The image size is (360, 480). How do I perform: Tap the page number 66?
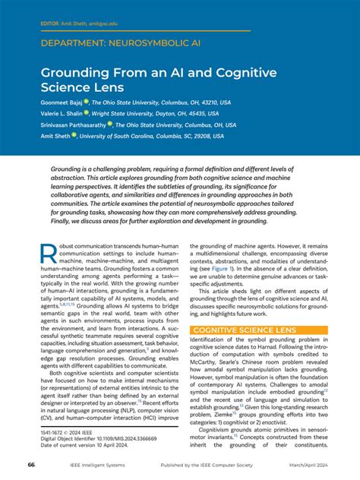click(31, 465)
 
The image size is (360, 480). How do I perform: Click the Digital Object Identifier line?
click(88, 437)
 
